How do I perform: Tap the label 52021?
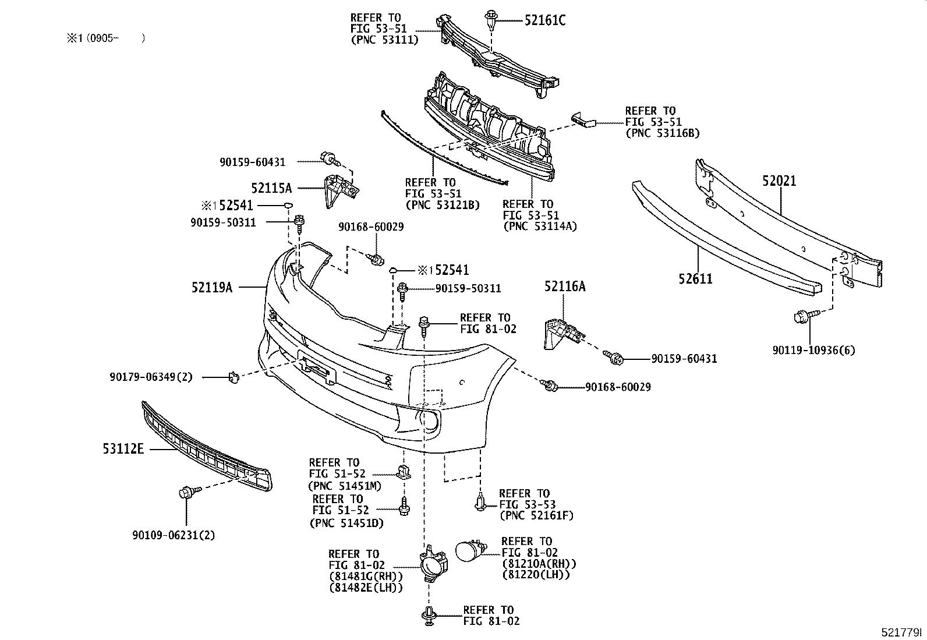[779, 181]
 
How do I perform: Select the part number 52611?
[695, 278]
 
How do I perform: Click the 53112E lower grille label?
[124, 449]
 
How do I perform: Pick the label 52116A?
[565, 286]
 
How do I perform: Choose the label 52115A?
[271, 188]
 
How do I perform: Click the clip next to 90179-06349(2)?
[233, 377]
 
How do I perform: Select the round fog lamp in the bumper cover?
[429, 422]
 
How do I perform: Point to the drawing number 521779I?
[902, 632]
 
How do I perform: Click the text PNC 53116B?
[662, 133]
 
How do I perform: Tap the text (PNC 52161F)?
[537, 515]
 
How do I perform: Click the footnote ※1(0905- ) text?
[105, 38]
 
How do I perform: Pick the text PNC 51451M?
[344, 485]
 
